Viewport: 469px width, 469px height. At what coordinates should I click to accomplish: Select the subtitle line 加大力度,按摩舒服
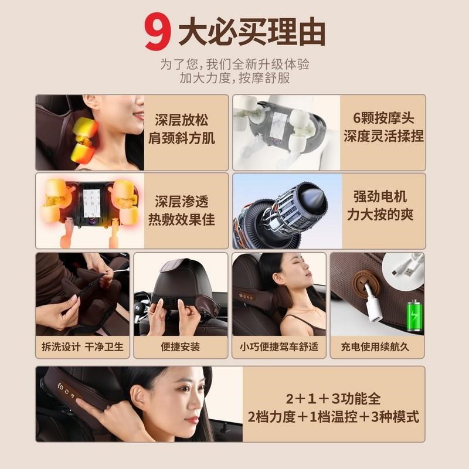pyautogui.click(x=235, y=78)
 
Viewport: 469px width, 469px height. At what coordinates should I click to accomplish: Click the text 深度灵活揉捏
pyautogui.click(x=383, y=137)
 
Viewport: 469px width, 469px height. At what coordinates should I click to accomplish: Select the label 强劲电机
pyautogui.click(x=383, y=196)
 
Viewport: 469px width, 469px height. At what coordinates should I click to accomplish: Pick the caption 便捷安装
pyautogui.click(x=181, y=346)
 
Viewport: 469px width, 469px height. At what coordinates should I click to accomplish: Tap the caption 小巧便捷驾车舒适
pyautogui.click(x=279, y=346)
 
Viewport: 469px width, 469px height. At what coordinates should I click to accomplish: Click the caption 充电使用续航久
pyautogui.click(x=377, y=346)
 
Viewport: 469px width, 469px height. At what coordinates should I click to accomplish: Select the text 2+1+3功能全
pyautogui.click(x=333, y=399)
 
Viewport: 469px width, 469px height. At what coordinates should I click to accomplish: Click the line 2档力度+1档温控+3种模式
pyautogui.click(x=333, y=417)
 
